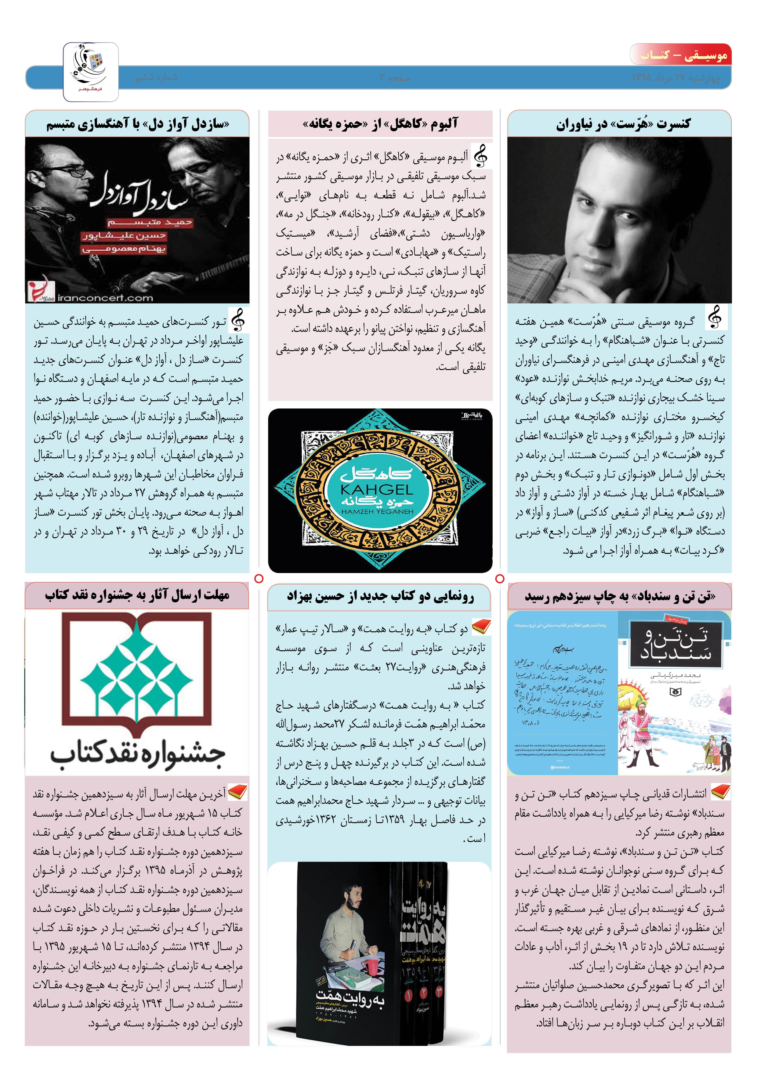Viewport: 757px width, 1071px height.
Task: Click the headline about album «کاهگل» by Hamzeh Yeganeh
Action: (x=380, y=124)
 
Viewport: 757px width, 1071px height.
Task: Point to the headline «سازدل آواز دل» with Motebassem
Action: (x=138, y=124)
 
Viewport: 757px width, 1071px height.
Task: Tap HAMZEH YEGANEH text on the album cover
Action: (x=377, y=512)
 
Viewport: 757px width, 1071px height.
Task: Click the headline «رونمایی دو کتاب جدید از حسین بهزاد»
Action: (x=380, y=597)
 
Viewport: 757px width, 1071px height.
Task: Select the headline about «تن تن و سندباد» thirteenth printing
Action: (x=620, y=597)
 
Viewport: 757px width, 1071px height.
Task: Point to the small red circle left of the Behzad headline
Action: (x=259, y=579)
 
